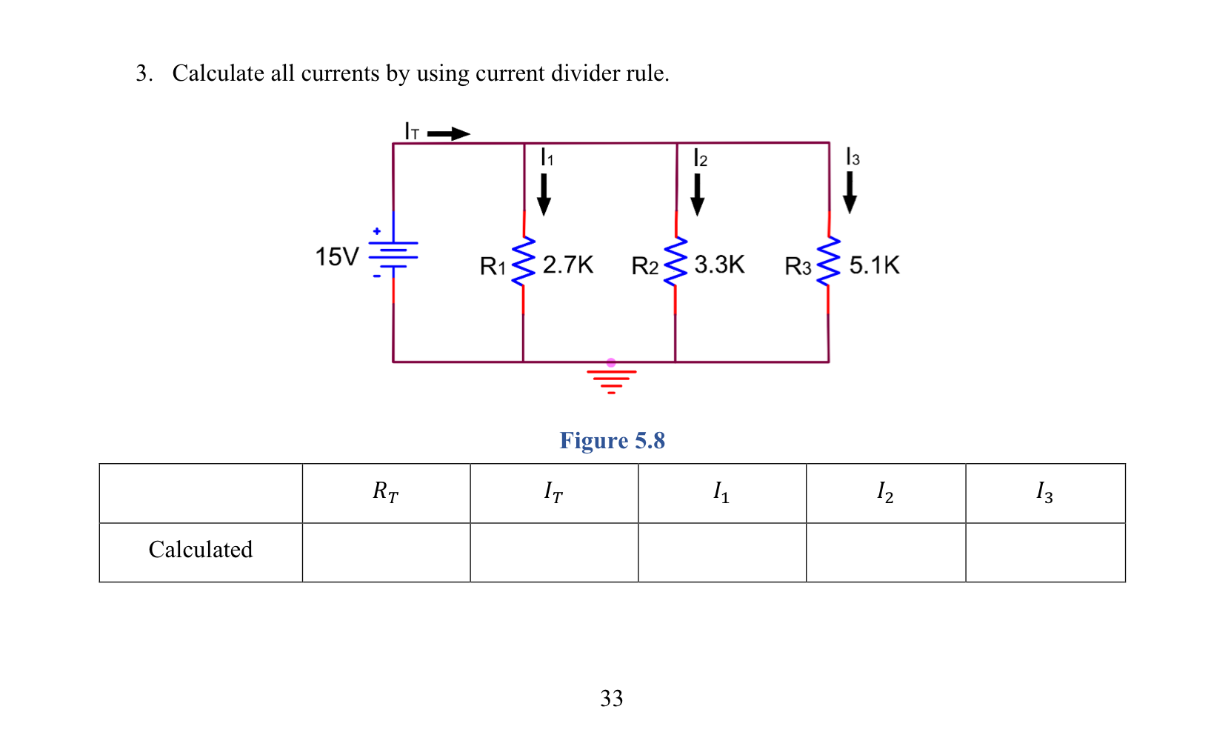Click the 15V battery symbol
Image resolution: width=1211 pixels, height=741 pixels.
click(393, 254)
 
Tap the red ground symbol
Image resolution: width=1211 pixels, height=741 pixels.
click(611, 379)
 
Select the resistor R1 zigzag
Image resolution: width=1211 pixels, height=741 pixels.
click(524, 262)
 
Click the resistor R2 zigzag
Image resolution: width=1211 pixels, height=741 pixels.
click(675, 262)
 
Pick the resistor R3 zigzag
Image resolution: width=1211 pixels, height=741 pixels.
click(828, 262)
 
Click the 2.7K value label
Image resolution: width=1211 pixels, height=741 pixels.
click(568, 265)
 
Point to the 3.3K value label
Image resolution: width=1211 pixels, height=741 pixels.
click(719, 265)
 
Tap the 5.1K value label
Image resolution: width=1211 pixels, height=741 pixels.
click(874, 265)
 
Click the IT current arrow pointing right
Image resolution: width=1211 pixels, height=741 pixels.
click(449, 134)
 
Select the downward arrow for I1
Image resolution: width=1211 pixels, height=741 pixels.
click(544, 194)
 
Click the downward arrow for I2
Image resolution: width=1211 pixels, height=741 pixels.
click(697, 194)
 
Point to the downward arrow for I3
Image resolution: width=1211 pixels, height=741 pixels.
click(850, 193)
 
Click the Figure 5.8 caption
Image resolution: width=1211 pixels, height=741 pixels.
click(612, 441)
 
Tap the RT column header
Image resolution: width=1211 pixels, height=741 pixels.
click(385, 492)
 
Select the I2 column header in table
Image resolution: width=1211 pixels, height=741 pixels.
click(885, 492)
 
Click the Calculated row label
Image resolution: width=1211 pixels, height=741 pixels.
click(201, 550)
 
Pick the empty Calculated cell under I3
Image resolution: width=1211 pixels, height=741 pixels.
click(1045, 553)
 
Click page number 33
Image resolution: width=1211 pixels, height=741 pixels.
click(612, 699)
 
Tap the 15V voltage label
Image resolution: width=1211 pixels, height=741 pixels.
click(337, 257)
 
